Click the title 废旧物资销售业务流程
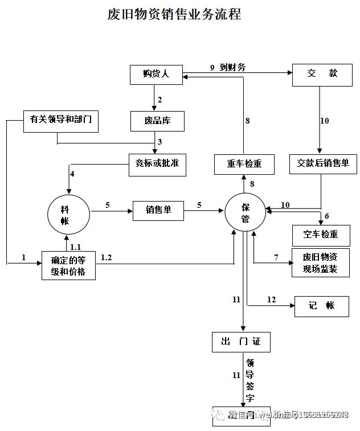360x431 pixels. [x=174, y=14]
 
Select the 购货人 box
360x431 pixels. [x=156, y=74]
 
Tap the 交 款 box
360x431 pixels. [x=322, y=74]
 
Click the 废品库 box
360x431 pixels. [x=157, y=121]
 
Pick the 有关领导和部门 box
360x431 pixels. [x=60, y=119]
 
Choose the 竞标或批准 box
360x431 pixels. [x=157, y=163]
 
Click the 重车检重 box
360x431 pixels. [x=244, y=164]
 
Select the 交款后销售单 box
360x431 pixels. [x=323, y=163]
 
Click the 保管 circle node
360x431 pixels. [x=246, y=211]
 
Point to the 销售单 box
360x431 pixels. [x=159, y=210]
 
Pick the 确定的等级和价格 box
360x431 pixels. [x=68, y=265]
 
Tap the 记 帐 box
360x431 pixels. [x=321, y=306]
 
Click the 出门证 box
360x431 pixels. [x=240, y=342]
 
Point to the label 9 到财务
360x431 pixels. [x=227, y=67]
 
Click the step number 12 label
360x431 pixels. [x=271, y=299]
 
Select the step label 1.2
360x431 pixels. [x=107, y=257]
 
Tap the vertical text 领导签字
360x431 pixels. [x=249, y=380]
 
